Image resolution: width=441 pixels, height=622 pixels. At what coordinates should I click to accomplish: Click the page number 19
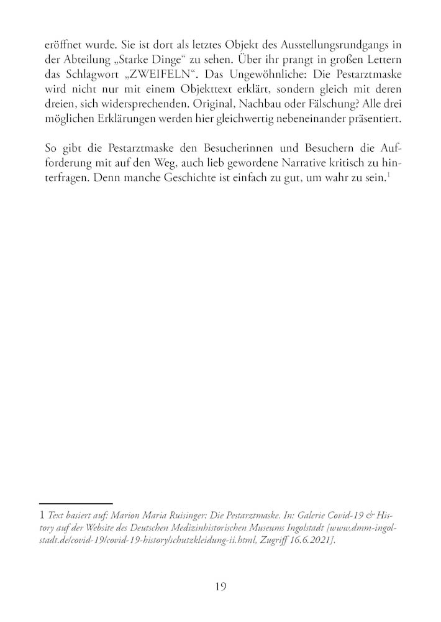[x=220, y=586]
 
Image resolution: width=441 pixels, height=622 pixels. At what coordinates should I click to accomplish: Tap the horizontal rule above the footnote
[x=75, y=503]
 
